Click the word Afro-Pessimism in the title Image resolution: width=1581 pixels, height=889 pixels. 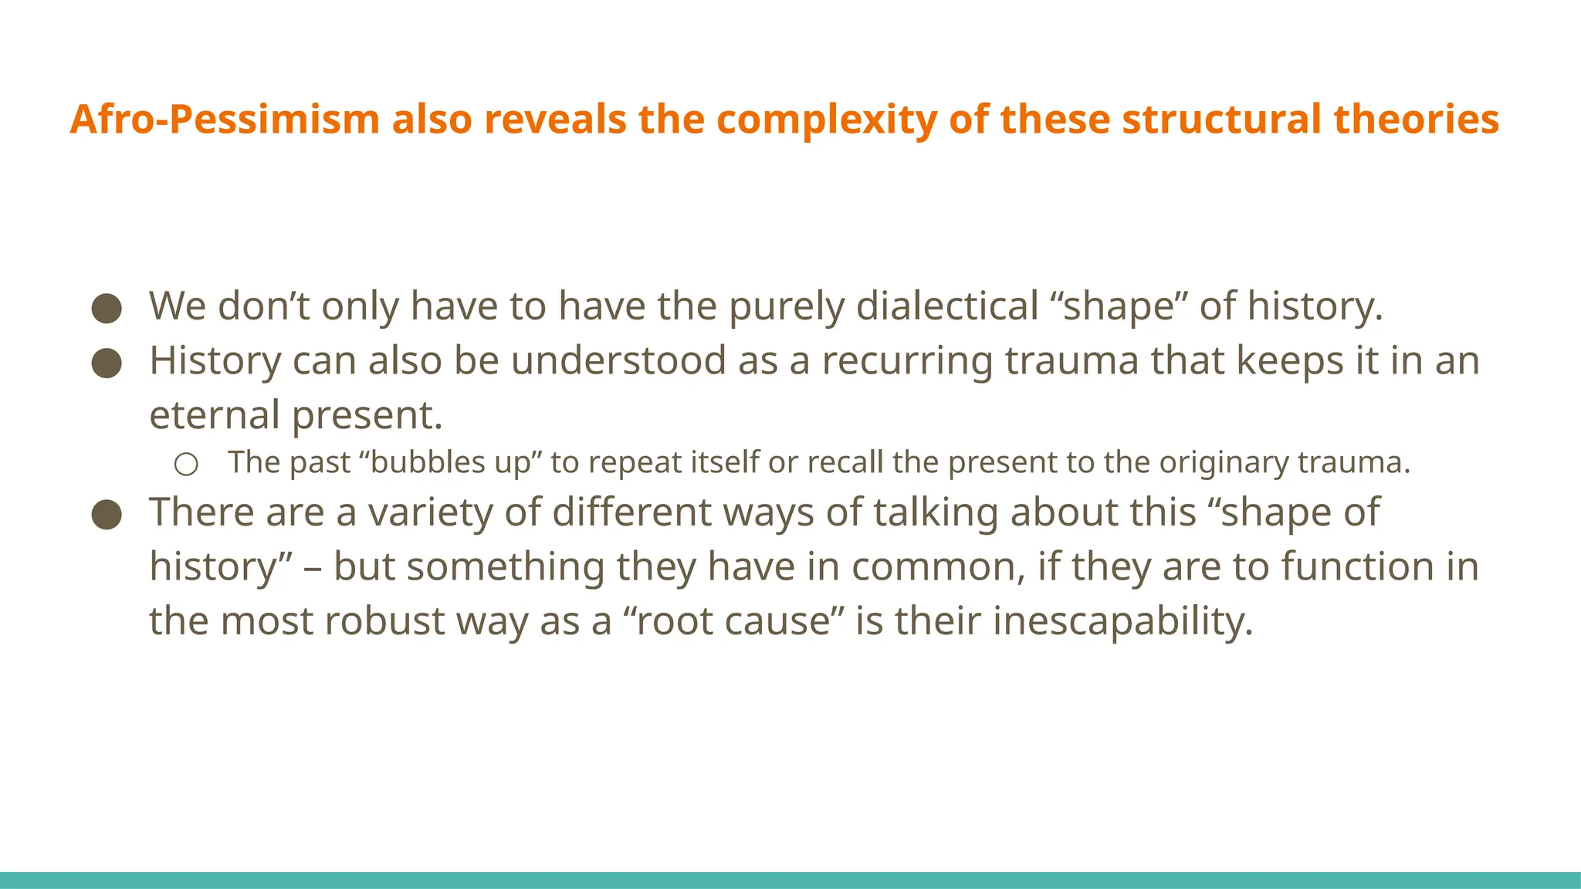pyautogui.click(x=225, y=120)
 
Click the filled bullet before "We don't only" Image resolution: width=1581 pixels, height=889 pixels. pyautogui.click(x=107, y=307)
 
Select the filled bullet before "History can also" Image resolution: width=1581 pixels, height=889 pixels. pyautogui.click(x=107, y=362)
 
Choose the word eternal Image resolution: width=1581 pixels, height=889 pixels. pyautogui.click(x=214, y=414)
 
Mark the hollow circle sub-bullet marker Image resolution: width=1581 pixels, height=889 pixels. pyautogui.click(x=186, y=464)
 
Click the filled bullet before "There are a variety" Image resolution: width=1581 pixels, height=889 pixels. pyautogui.click(x=107, y=514)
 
